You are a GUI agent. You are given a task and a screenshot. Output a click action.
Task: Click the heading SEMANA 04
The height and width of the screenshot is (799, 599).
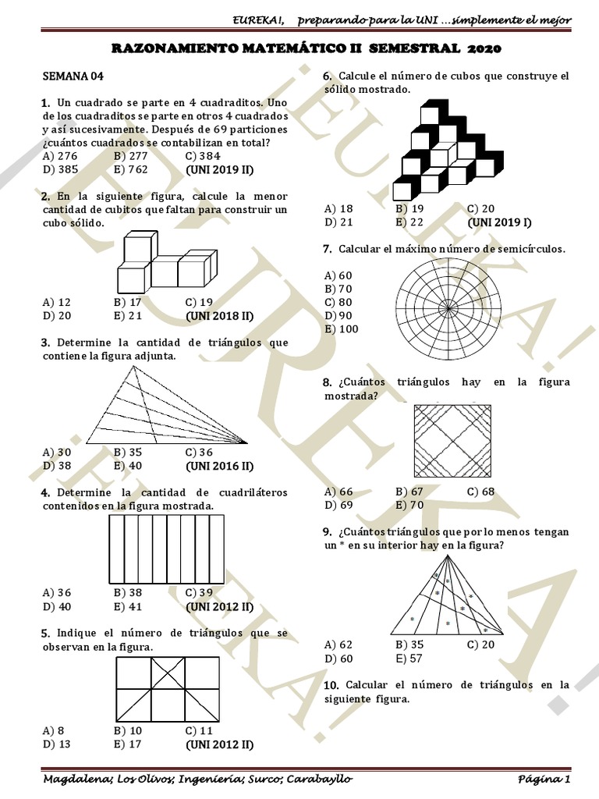tap(73, 76)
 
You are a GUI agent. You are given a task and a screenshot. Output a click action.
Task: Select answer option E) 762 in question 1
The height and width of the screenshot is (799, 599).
tap(130, 168)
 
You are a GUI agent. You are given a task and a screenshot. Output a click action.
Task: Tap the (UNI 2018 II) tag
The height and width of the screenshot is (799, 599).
tap(220, 315)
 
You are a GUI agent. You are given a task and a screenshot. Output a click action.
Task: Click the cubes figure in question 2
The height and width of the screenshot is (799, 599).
tap(161, 261)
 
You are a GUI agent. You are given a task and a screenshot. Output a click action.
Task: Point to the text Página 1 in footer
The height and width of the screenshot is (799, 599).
tap(545, 779)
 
